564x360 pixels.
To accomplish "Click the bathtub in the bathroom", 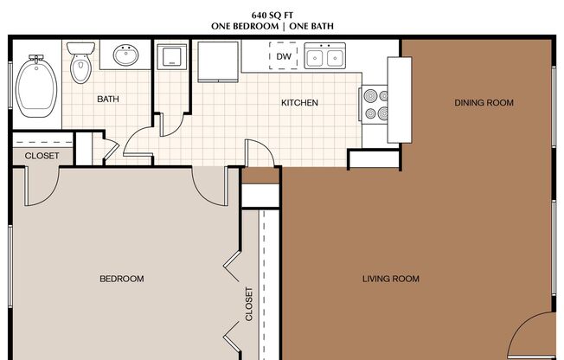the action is tap(36, 87).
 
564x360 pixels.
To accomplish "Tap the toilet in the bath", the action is tap(80, 62).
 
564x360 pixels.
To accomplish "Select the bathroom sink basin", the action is tap(126, 55).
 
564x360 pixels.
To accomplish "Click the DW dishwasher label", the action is tap(284, 56).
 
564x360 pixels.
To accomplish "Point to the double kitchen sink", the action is tap(324, 55).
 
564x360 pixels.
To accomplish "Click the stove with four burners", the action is tap(374, 105).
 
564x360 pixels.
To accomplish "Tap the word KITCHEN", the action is tap(299, 103).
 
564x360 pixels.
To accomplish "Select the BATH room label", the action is tap(108, 99).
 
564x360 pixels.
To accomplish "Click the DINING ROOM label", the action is tap(484, 103).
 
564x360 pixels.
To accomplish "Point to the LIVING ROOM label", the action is tap(391, 279).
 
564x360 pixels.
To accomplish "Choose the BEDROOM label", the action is tap(122, 279).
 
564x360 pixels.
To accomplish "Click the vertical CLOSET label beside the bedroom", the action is tap(249, 304).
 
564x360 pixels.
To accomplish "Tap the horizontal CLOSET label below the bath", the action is tap(42, 156).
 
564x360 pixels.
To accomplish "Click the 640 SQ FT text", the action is tap(272, 15).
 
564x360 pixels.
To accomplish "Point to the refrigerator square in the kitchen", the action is tap(218, 61).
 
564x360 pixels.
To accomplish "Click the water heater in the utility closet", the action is tap(172, 56).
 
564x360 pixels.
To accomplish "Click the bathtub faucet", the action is tap(36, 58).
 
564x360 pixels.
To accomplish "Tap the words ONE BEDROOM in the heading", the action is tap(245, 26).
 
